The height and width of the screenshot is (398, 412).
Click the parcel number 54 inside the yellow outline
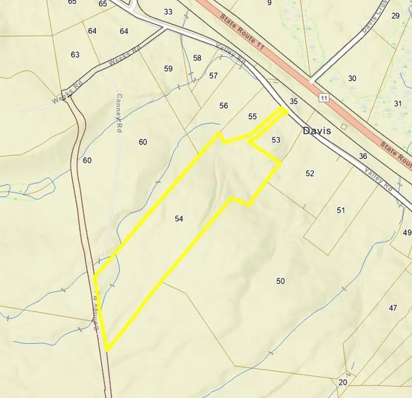[179, 219]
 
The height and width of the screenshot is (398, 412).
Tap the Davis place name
[317, 131]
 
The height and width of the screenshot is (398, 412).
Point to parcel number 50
[280, 281]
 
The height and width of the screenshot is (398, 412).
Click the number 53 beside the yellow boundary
[276, 140]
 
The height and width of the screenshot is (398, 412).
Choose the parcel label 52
[309, 174]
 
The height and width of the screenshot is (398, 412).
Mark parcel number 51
[341, 210]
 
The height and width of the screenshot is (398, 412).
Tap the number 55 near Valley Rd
[252, 116]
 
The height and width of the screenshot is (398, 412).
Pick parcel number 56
[224, 106]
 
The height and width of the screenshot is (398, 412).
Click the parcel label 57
[213, 75]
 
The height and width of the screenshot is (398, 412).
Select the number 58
[197, 58]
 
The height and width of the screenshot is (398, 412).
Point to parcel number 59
[168, 69]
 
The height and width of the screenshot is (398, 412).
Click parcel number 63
[75, 54]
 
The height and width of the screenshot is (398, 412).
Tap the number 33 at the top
[168, 12]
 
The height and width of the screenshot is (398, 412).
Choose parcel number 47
[393, 308]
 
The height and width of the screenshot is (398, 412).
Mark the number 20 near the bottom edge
[343, 382]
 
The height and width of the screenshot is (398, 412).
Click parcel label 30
[352, 79]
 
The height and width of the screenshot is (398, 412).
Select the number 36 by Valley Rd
[363, 156]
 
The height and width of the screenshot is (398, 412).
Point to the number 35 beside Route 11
[294, 102]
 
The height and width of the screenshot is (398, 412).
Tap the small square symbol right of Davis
[343, 126]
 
